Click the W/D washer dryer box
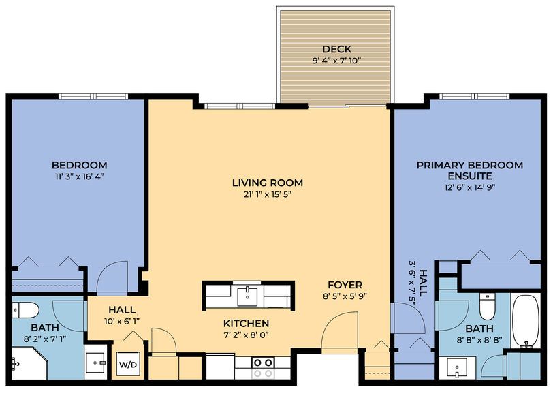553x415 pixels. (128, 364)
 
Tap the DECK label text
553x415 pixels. (337, 49)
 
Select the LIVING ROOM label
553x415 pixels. (268, 183)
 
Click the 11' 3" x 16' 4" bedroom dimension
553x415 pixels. (80, 176)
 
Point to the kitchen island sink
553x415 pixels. (247, 296)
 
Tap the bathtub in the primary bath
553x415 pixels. (526, 321)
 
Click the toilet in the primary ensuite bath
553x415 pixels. (488, 307)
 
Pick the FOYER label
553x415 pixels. (345, 285)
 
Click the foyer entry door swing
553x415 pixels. (340, 332)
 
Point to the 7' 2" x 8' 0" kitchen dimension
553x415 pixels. (246, 335)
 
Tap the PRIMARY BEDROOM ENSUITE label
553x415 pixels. (470, 170)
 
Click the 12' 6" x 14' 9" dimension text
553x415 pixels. (470, 187)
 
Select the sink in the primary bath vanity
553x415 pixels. (457, 368)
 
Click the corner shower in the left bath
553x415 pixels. (28, 363)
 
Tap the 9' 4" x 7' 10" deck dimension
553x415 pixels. (337, 61)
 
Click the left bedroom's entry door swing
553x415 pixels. (112, 277)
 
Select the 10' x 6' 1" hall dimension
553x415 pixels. (122, 322)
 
